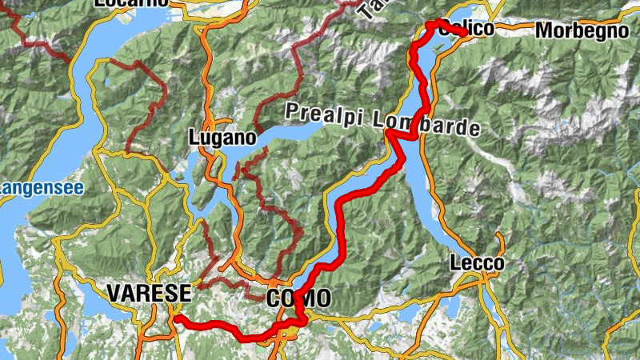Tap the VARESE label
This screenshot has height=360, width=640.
point(149,294)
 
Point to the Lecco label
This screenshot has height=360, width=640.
point(478,263)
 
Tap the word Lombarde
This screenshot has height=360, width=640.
point(426,123)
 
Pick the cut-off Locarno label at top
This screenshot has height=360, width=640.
point(132,3)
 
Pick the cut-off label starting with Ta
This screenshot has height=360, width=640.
point(368,10)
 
